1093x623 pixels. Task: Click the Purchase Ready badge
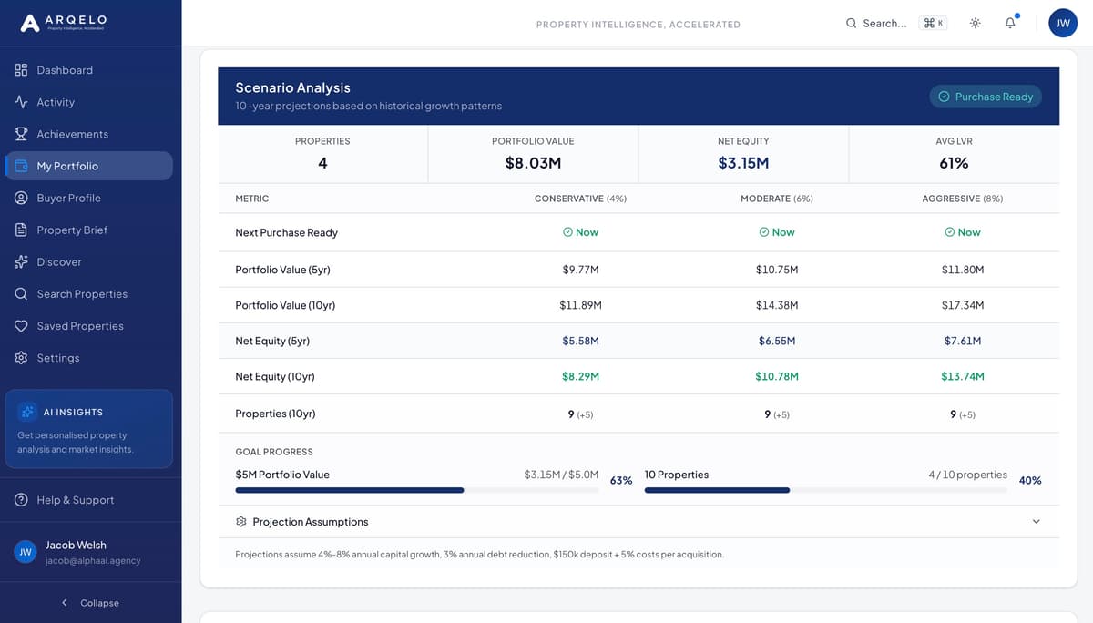click(x=986, y=97)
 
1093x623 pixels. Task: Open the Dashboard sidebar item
click(x=64, y=70)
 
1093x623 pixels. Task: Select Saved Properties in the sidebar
click(x=79, y=326)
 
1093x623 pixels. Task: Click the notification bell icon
click(x=1010, y=23)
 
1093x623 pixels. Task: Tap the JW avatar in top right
click(x=1063, y=24)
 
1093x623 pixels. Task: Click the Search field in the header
click(x=884, y=24)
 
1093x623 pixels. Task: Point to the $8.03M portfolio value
click(x=533, y=163)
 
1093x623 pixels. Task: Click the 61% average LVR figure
click(x=954, y=163)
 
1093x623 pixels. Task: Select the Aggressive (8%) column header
click(x=962, y=199)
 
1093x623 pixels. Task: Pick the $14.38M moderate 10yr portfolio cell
click(x=777, y=305)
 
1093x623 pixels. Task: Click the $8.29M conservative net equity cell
click(x=580, y=376)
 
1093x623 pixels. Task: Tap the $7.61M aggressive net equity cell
click(x=963, y=341)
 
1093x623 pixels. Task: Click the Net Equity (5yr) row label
click(x=272, y=341)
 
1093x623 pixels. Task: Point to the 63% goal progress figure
click(x=621, y=480)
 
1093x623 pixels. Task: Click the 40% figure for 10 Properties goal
click(x=1030, y=480)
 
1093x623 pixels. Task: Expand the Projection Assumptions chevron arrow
click(x=1036, y=522)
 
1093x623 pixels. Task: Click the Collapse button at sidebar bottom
click(x=90, y=603)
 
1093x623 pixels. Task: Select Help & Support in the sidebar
click(x=75, y=500)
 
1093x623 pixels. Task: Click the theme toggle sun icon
click(x=976, y=23)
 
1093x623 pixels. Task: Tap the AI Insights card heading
click(x=73, y=413)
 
